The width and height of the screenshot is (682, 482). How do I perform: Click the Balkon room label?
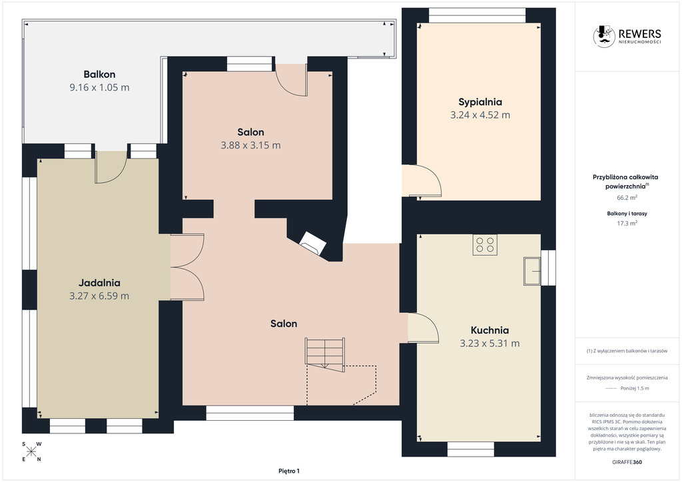[99, 75]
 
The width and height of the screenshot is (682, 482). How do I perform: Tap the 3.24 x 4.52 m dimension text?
[480, 115]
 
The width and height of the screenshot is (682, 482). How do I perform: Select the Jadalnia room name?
[99, 283]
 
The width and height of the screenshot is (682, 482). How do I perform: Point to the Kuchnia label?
[490, 330]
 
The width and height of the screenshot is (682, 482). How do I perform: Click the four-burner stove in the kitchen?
[485, 245]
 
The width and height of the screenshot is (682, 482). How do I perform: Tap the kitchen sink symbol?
[532, 271]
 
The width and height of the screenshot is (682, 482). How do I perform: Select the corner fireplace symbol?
[313, 242]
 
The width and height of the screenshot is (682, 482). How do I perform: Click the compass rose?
[31, 451]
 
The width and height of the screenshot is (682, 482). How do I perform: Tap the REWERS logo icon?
[603, 36]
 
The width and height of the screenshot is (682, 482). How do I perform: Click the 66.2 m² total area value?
[627, 198]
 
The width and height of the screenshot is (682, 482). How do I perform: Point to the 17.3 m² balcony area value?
[627, 224]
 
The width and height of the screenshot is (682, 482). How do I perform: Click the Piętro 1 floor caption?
[289, 471]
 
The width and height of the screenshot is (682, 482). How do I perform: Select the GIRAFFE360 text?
[627, 462]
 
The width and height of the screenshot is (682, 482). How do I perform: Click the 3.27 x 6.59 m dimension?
[99, 296]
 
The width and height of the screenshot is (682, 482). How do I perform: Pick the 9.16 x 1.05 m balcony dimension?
[99, 87]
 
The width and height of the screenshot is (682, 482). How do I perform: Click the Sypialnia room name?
[480, 103]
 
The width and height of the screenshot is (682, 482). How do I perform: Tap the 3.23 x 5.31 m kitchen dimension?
[490, 344]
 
